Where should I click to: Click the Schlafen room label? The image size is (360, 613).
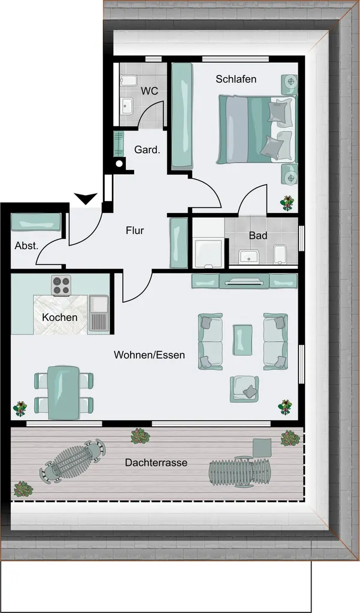click(236, 79)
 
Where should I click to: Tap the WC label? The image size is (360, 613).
click(150, 91)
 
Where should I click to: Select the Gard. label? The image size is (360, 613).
click(147, 149)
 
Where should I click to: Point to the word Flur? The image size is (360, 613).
click(135, 230)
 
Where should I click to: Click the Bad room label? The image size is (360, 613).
click(258, 236)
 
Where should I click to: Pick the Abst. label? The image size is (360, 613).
click(26, 246)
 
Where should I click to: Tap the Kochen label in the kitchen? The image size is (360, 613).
click(59, 317)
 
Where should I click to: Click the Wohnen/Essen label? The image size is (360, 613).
click(149, 355)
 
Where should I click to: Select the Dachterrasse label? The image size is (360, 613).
click(156, 463)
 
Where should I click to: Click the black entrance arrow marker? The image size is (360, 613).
click(85, 198)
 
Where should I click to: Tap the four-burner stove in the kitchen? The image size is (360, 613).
click(62, 285)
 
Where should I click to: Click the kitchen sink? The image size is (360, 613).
click(99, 313)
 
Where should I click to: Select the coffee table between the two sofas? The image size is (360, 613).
click(243, 340)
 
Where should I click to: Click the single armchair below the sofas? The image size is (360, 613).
click(244, 389)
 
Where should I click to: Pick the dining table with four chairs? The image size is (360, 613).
click(63, 392)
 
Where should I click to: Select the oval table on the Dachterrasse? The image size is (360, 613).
click(74, 460)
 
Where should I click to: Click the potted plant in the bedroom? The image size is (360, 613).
click(287, 204)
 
